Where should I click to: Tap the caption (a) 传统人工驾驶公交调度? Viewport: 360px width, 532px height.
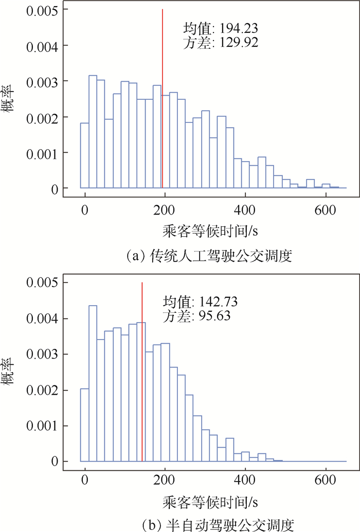(x=212, y=256)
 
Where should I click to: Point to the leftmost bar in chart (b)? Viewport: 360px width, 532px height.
(x=84, y=425)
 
